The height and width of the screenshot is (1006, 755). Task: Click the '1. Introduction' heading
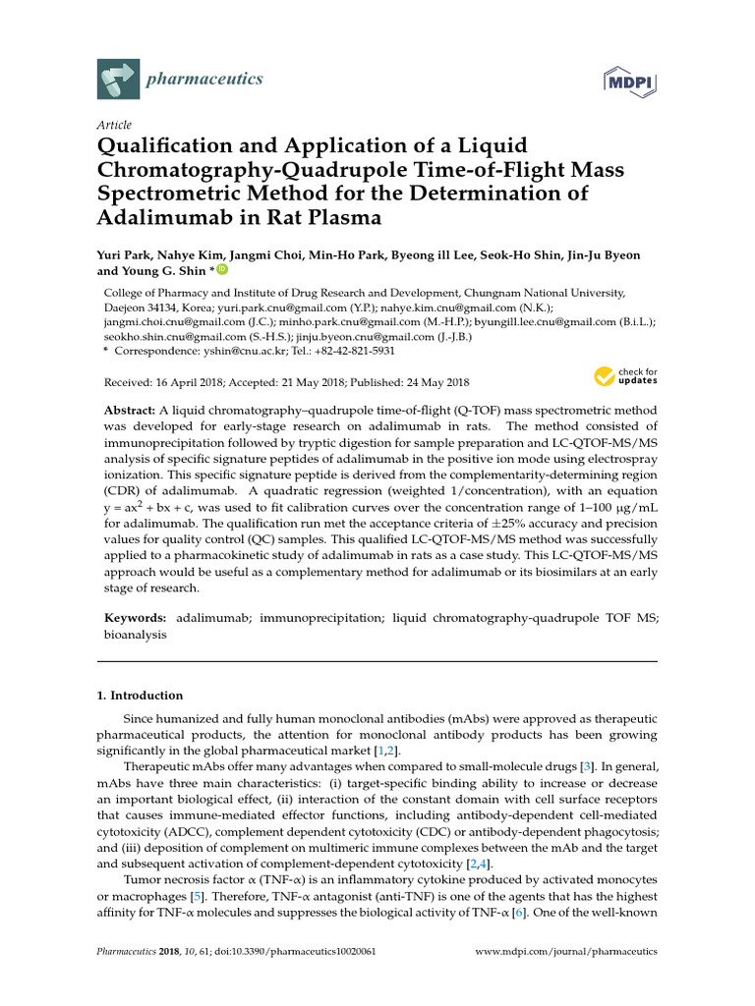[x=140, y=696]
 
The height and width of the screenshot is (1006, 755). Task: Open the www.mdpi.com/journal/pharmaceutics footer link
[x=566, y=952]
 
